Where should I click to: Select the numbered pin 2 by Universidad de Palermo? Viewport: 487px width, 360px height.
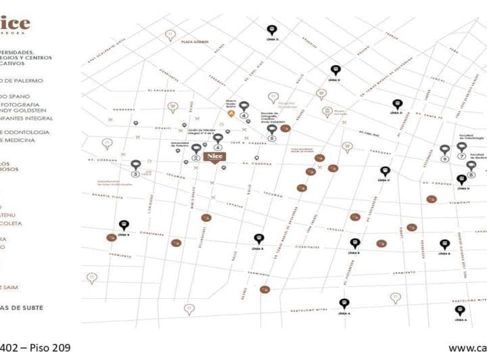click(x=196, y=150)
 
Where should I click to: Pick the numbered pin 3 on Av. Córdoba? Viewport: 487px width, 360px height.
click(x=136, y=166)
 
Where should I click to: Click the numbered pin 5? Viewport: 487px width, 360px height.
click(x=272, y=130)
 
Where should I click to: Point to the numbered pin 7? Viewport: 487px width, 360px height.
click(x=461, y=148)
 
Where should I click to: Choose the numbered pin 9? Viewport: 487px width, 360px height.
click(x=444, y=152)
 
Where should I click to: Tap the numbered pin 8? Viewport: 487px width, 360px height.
click(x=471, y=167)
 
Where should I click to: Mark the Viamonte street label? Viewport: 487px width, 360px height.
click(x=459, y=202)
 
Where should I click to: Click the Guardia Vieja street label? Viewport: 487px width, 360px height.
click(x=108, y=197)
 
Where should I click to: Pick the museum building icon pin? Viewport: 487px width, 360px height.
click(x=327, y=112)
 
